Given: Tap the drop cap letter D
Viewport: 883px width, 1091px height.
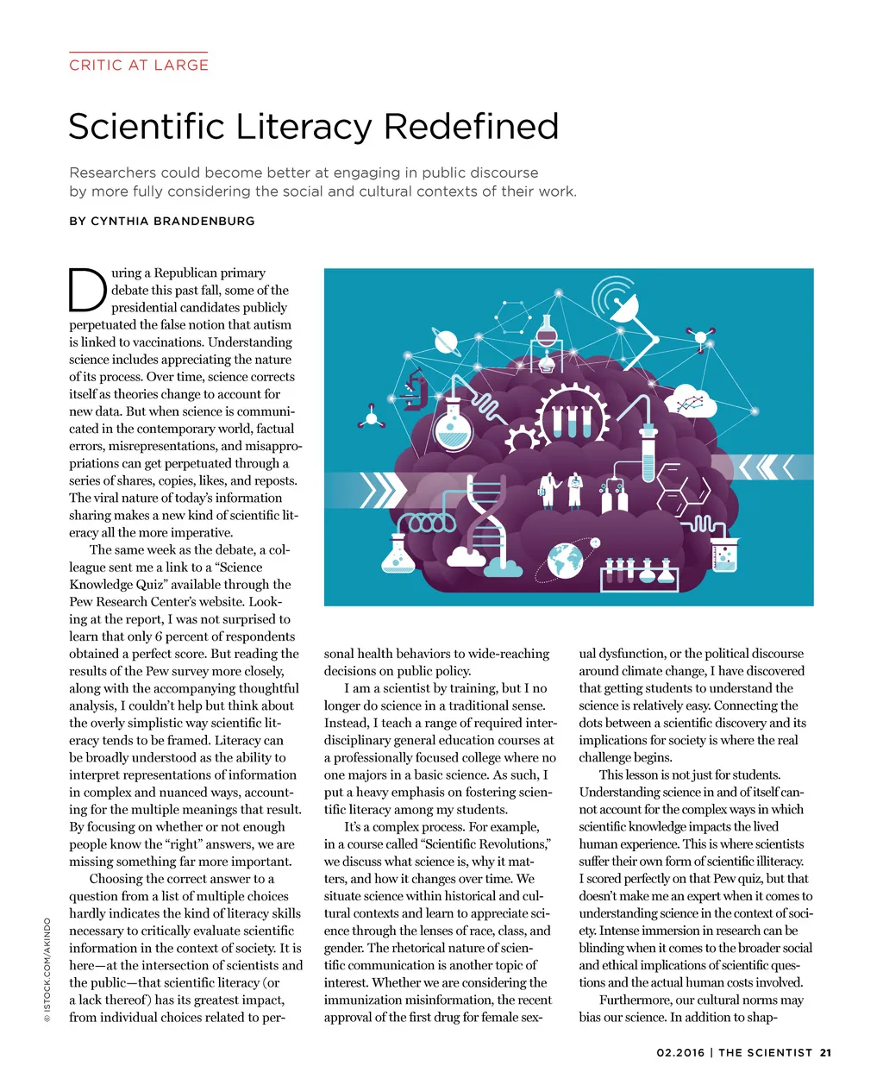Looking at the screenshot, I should pyautogui.click(x=87, y=291).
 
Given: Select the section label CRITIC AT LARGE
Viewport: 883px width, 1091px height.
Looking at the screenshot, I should pyautogui.click(x=139, y=65).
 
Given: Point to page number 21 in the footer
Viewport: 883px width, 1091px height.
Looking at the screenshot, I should pyautogui.click(x=825, y=1052).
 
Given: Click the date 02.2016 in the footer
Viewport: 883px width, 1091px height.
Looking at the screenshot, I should pyautogui.click(x=679, y=1052).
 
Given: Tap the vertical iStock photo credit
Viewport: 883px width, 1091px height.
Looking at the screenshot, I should pyautogui.click(x=47, y=969).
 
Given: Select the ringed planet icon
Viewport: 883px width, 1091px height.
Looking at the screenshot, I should pyautogui.click(x=447, y=342).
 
